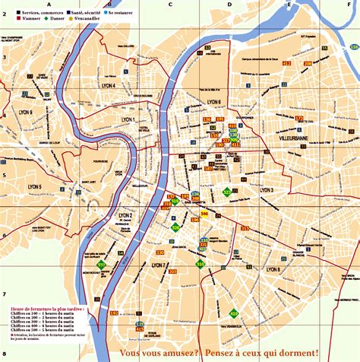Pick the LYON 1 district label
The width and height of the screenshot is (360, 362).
click(x=128, y=119)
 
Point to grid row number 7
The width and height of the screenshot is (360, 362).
click(x=4, y=294)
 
